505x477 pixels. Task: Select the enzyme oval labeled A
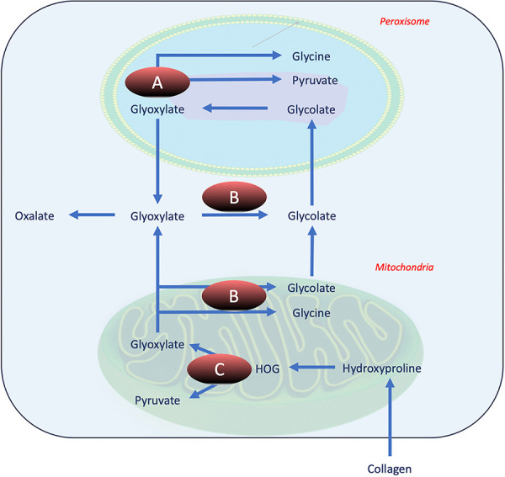pos(156,83)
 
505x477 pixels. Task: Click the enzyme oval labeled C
pos(218,368)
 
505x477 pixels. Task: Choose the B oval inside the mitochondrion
pos(235,297)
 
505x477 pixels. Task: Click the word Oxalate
pos(35,216)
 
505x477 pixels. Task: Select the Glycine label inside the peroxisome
pos(311,56)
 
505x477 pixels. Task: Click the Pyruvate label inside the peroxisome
pos(314,82)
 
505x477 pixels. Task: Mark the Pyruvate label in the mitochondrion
pos(157,400)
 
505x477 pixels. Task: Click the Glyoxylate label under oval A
pos(157,109)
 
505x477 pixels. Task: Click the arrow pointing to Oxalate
pos(93,216)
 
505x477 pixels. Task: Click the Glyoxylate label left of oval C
pos(157,344)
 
